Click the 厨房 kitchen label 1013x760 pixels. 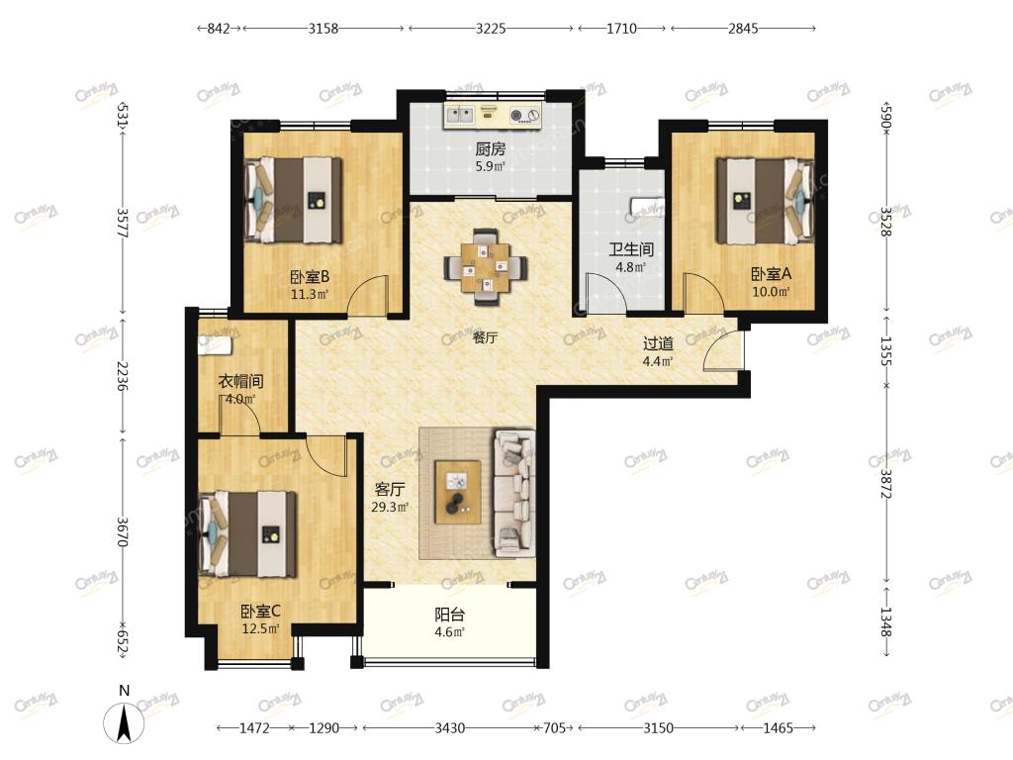click(490, 149)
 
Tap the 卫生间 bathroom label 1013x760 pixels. click(630, 248)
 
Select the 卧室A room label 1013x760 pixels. click(771, 274)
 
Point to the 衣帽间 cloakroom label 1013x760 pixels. click(240, 381)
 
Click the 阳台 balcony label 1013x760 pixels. click(450, 615)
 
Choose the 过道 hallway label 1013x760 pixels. click(658, 344)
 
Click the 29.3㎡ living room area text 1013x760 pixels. click(390, 508)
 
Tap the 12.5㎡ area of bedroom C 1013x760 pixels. click(260, 628)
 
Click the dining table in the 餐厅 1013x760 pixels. click(486, 266)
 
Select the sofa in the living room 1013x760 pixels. click(514, 494)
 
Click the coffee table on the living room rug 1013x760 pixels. click(457, 493)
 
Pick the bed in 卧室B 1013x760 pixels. click(293, 200)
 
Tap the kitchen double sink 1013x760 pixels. click(459, 115)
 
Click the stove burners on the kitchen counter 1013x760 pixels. click(524, 116)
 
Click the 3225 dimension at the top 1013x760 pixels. click(491, 29)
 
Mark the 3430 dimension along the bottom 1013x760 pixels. click(450, 728)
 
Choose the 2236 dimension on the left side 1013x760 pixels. click(122, 376)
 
